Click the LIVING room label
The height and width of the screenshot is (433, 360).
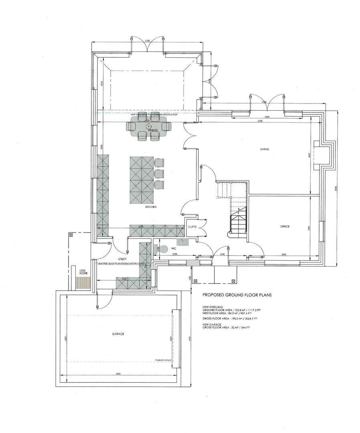tap(264, 149)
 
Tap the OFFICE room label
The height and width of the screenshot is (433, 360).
tap(285, 227)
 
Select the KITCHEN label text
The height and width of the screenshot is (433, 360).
tap(151, 207)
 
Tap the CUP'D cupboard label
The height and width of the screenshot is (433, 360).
tap(192, 227)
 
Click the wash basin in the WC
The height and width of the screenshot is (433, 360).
tap(185, 242)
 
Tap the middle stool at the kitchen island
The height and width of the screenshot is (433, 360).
tap(159, 174)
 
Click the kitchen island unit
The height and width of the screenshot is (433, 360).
tap(142, 180)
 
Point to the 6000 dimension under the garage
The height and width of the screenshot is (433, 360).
tap(117, 374)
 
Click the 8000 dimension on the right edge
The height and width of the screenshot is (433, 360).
tap(336, 189)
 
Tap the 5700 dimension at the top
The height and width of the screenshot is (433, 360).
tap(147, 41)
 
